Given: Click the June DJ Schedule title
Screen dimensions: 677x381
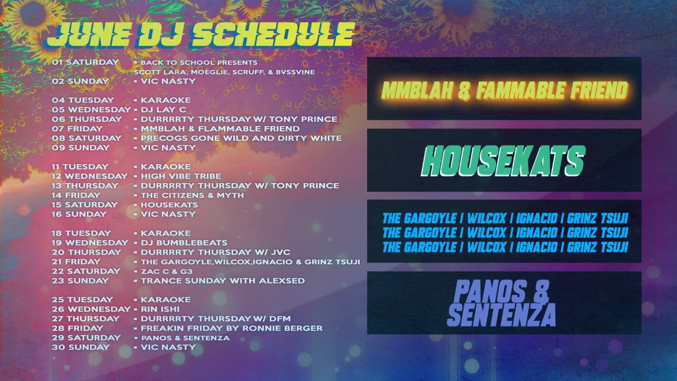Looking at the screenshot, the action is click(x=200, y=35).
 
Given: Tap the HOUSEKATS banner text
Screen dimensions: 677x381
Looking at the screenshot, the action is click(x=504, y=161).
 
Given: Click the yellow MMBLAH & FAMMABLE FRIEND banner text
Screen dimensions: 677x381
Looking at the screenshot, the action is click(x=504, y=90).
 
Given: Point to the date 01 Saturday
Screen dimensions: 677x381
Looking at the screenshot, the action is click(x=85, y=62).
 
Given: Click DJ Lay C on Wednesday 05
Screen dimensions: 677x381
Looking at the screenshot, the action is click(x=163, y=110).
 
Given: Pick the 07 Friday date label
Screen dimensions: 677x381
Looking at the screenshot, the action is click(x=77, y=129).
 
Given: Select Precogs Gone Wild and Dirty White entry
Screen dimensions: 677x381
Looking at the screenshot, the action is click(x=241, y=138).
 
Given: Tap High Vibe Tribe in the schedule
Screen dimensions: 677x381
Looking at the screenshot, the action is click(x=181, y=176).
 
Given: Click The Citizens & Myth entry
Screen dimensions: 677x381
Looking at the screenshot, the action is click(x=192, y=195).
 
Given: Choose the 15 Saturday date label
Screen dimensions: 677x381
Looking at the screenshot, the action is click(x=85, y=205).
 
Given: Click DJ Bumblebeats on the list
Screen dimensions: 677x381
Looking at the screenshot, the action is click(x=184, y=243).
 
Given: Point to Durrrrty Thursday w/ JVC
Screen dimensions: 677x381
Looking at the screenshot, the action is click(x=215, y=252).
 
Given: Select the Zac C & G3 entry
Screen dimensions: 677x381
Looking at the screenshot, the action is click(x=167, y=271).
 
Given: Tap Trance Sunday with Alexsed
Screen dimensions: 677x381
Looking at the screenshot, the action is click(x=223, y=281).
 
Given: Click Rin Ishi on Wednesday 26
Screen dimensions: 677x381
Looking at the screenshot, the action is click(x=160, y=310).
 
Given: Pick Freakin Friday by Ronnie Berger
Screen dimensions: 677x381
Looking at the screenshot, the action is click(x=232, y=329).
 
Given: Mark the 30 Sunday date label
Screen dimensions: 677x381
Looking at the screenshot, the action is click(x=81, y=348).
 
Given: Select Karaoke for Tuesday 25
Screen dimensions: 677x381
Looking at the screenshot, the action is click(x=166, y=300).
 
